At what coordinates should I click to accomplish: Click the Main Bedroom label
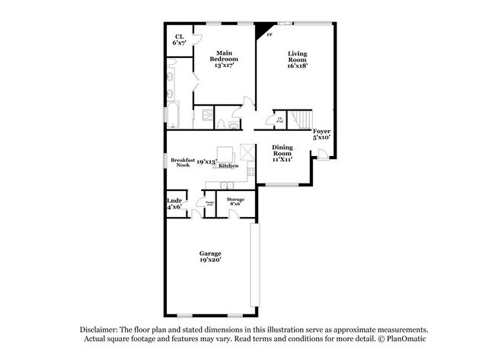coord(222,59)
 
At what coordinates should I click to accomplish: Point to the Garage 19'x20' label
coord(210,256)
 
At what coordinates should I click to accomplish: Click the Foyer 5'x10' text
coord(322,135)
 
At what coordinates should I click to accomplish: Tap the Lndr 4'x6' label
coord(174,204)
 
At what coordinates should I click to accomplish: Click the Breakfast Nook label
coord(183,162)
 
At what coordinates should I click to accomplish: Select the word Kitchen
coord(229,165)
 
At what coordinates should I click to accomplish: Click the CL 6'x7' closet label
coord(180,40)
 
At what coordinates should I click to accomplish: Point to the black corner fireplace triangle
coord(264,30)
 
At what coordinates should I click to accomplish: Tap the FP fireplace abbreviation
coord(268,36)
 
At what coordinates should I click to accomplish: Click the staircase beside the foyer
coord(303,120)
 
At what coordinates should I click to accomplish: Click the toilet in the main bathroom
coord(220,123)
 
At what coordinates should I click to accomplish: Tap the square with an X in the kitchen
coord(245,151)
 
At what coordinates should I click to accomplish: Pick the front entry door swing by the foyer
coord(323,155)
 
